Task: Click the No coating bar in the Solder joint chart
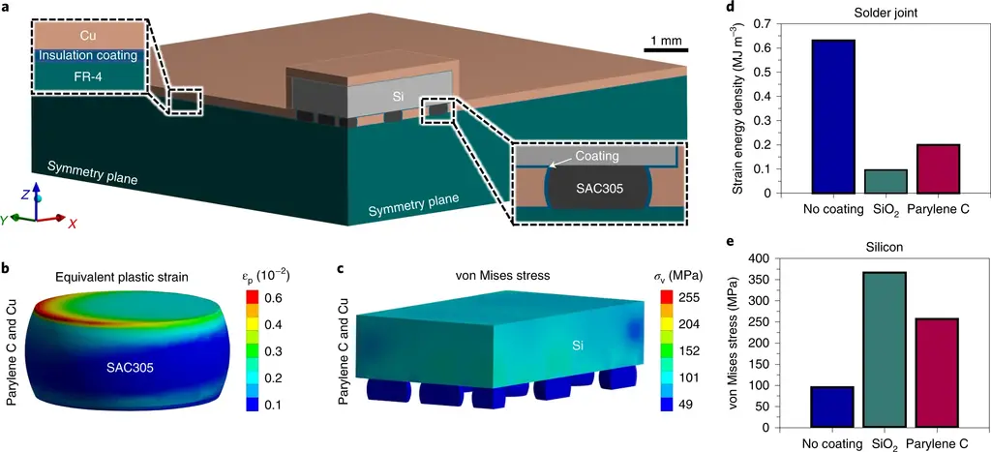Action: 827,116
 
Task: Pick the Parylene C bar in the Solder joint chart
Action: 932,168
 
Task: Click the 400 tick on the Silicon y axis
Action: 765,258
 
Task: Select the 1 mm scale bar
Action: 665,49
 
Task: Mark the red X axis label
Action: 74,223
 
